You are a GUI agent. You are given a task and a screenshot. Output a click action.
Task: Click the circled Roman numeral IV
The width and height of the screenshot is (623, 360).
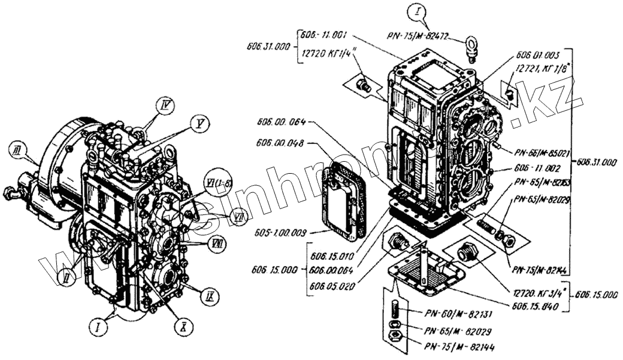[x=169, y=107]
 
